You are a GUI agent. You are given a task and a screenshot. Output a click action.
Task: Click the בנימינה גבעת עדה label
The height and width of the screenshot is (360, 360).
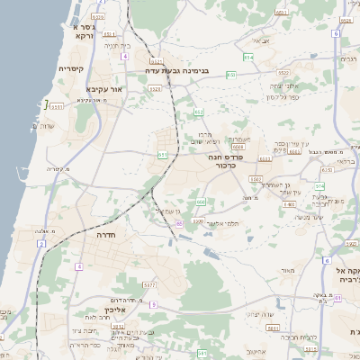(x=180, y=69)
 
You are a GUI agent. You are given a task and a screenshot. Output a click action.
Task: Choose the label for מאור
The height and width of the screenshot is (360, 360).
(x=287, y=271)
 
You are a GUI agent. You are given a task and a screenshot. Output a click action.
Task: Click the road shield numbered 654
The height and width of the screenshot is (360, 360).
(x=248, y=58)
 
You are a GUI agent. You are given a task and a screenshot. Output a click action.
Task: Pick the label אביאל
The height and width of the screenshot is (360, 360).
(x=260, y=40)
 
